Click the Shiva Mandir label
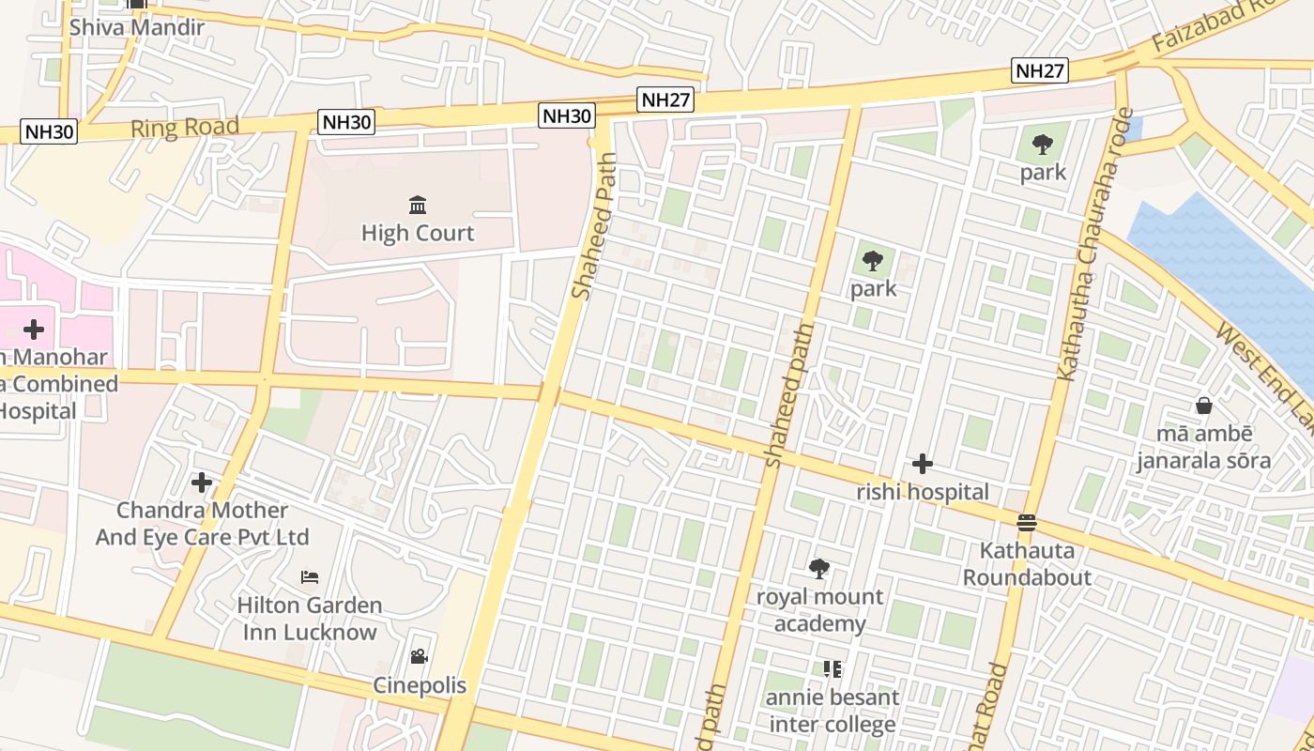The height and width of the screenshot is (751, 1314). [x=136, y=27]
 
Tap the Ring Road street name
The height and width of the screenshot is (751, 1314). [x=185, y=128]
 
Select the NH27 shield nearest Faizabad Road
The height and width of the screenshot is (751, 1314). [x=1040, y=70]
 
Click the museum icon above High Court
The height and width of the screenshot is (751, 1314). [x=418, y=205]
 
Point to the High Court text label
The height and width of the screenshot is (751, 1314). [x=418, y=233]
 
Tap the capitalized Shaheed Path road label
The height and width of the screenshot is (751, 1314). [x=595, y=227]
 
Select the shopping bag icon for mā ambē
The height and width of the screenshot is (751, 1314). [x=1203, y=406]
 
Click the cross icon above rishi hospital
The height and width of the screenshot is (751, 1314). [x=922, y=464]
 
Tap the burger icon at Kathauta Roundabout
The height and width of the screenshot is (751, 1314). [x=1027, y=522]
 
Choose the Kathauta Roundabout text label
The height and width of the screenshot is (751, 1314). [x=1027, y=563]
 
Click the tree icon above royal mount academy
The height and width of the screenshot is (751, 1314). [x=819, y=568]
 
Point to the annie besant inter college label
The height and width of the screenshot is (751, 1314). [x=833, y=711]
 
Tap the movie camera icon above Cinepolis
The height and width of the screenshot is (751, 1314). [x=419, y=657]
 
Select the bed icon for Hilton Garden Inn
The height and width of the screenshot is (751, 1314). [x=310, y=576]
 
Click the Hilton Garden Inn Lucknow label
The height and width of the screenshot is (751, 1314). [x=310, y=618]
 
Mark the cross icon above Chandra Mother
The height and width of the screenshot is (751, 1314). [x=202, y=483]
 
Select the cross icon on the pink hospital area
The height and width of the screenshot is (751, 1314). [x=34, y=330]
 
